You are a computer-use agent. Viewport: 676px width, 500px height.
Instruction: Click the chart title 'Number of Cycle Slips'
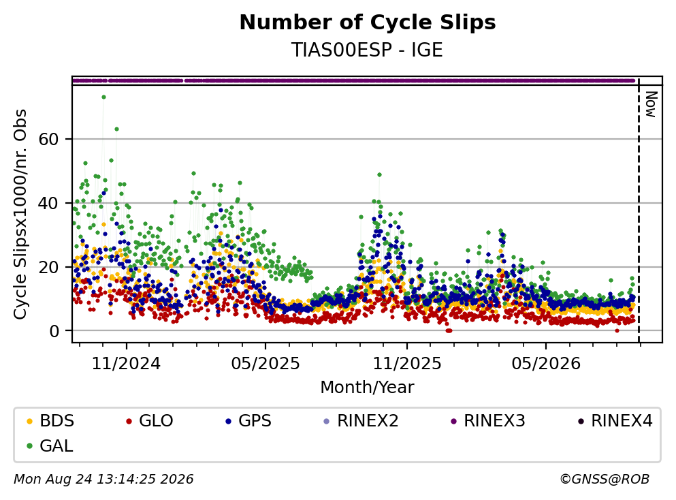(368, 22)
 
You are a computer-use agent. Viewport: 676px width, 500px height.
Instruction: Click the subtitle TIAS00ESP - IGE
(368, 50)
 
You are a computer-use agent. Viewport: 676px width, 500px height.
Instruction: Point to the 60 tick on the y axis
(49, 140)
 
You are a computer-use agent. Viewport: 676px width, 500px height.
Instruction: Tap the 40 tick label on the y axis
(49, 203)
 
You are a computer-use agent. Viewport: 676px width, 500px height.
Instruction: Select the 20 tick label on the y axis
(49, 267)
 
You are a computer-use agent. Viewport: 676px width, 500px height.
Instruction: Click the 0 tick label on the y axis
(54, 331)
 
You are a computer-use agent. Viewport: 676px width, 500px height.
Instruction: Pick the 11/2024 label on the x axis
(127, 364)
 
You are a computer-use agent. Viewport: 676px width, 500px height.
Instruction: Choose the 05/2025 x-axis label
(265, 364)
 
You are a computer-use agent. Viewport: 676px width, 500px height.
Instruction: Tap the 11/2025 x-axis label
(407, 364)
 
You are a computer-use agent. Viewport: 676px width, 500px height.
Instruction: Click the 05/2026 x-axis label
(546, 364)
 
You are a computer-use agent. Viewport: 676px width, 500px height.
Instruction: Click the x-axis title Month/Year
(368, 388)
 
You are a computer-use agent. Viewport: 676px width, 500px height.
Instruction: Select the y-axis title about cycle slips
(20, 215)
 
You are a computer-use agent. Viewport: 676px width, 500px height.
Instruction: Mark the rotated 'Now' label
(651, 104)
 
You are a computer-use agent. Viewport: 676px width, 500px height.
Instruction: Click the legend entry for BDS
(50, 420)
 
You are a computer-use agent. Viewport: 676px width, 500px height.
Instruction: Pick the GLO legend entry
(150, 420)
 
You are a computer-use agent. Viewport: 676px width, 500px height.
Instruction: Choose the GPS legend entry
(248, 420)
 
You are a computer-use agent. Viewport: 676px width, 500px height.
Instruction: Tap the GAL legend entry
(50, 446)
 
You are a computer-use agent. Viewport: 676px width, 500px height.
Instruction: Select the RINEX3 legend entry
(487, 420)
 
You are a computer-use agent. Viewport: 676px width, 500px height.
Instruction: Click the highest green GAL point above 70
(103, 97)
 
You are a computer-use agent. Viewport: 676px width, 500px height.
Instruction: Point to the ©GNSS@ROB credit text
(605, 479)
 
